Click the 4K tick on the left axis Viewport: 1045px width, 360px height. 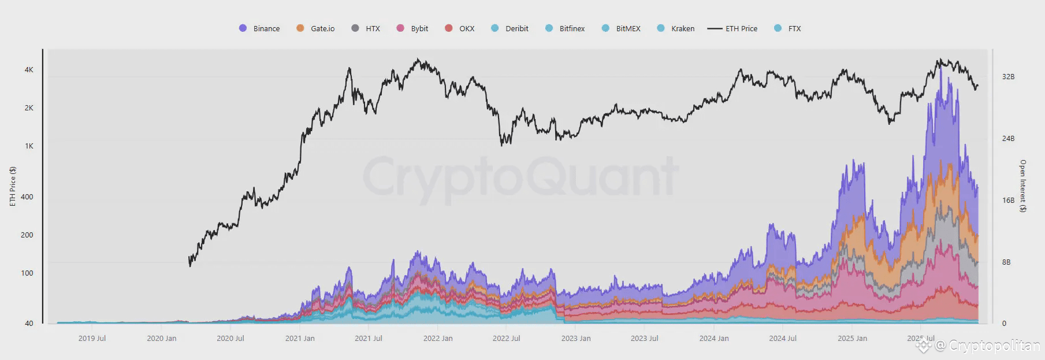point(29,69)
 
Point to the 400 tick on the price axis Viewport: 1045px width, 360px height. point(27,196)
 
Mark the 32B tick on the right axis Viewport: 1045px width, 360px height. point(1008,76)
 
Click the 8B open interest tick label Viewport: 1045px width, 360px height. point(1006,262)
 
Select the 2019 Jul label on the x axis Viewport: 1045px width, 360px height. point(92,338)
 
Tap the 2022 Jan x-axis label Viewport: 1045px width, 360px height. point(438,338)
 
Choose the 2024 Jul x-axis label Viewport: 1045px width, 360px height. point(783,338)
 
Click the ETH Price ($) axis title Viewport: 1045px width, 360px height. point(13,186)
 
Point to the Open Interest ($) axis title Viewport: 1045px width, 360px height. point(1022,186)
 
